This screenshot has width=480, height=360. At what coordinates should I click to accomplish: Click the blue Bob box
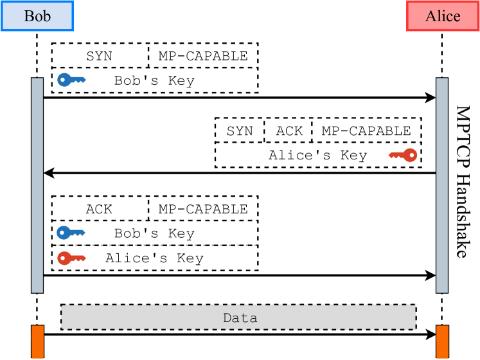(37, 15)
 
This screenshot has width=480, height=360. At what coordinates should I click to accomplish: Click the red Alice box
(443, 15)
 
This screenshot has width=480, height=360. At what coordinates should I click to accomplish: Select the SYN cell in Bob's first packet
(100, 56)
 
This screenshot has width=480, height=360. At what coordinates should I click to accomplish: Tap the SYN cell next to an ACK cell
(240, 131)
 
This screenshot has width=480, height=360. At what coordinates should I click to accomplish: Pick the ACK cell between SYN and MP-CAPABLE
(289, 131)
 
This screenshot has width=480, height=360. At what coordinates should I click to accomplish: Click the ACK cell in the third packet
(100, 209)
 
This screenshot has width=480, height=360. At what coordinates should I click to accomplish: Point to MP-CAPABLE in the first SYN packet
(203, 56)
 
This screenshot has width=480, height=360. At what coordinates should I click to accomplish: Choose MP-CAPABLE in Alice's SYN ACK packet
(366, 131)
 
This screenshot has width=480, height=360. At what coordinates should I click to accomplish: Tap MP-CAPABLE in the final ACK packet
(203, 209)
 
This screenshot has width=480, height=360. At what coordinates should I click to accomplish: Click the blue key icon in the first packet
(71, 80)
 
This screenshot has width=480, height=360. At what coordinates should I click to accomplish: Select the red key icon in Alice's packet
(403, 155)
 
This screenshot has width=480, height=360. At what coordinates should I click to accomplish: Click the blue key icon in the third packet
(71, 233)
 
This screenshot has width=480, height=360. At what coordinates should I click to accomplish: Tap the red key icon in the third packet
(71, 258)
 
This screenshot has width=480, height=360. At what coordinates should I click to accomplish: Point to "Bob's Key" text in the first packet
(154, 81)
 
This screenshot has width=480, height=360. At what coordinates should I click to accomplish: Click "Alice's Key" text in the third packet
(154, 258)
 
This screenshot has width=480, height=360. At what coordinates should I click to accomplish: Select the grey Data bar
(239, 318)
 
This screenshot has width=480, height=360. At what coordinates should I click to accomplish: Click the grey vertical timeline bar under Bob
(37, 185)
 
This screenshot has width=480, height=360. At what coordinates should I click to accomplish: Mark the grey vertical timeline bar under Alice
(442, 185)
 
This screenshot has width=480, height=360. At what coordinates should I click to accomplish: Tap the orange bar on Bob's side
(37, 341)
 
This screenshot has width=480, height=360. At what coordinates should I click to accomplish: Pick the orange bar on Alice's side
(442, 341)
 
